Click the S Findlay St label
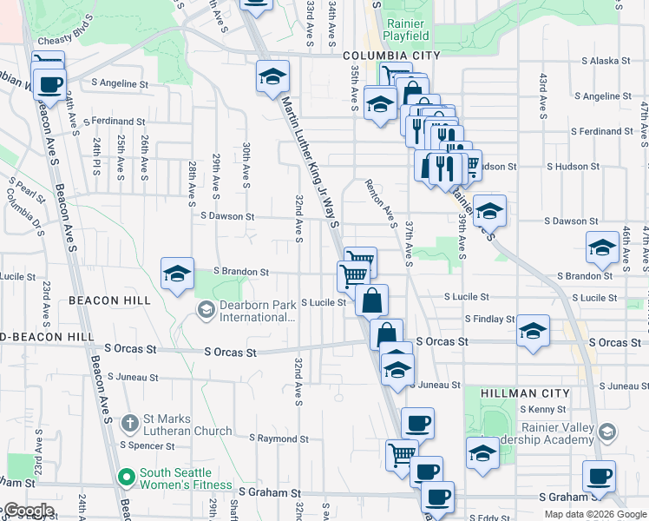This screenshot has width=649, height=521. pos(490,320)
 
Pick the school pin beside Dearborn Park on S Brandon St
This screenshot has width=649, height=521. pos(177,274)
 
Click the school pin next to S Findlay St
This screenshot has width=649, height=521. pos(533,331)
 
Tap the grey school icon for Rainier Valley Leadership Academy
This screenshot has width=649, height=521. pos(606,432)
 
